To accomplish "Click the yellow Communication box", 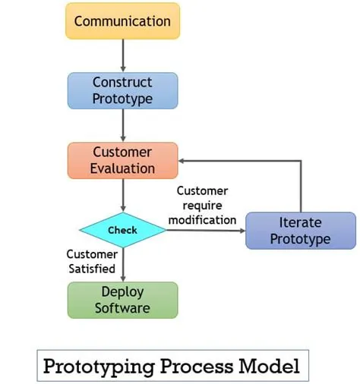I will point(122,20).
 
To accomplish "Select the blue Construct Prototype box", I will point(122,90).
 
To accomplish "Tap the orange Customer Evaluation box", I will point(122,160).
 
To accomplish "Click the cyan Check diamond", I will point(122,230).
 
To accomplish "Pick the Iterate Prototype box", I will point(300,231).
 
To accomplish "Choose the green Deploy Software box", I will point(122,300).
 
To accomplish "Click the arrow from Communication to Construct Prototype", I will point(122,55).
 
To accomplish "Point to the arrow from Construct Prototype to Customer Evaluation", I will point(122,125).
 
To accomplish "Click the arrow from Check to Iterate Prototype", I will point(205,230).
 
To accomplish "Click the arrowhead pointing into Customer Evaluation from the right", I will point(183,160).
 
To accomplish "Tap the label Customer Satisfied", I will point(91,261).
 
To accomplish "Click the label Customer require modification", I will point(202,205).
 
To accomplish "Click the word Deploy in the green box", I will point(122,292).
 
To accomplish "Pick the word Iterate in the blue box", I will point(300,223).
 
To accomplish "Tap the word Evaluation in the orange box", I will point(122,168).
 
